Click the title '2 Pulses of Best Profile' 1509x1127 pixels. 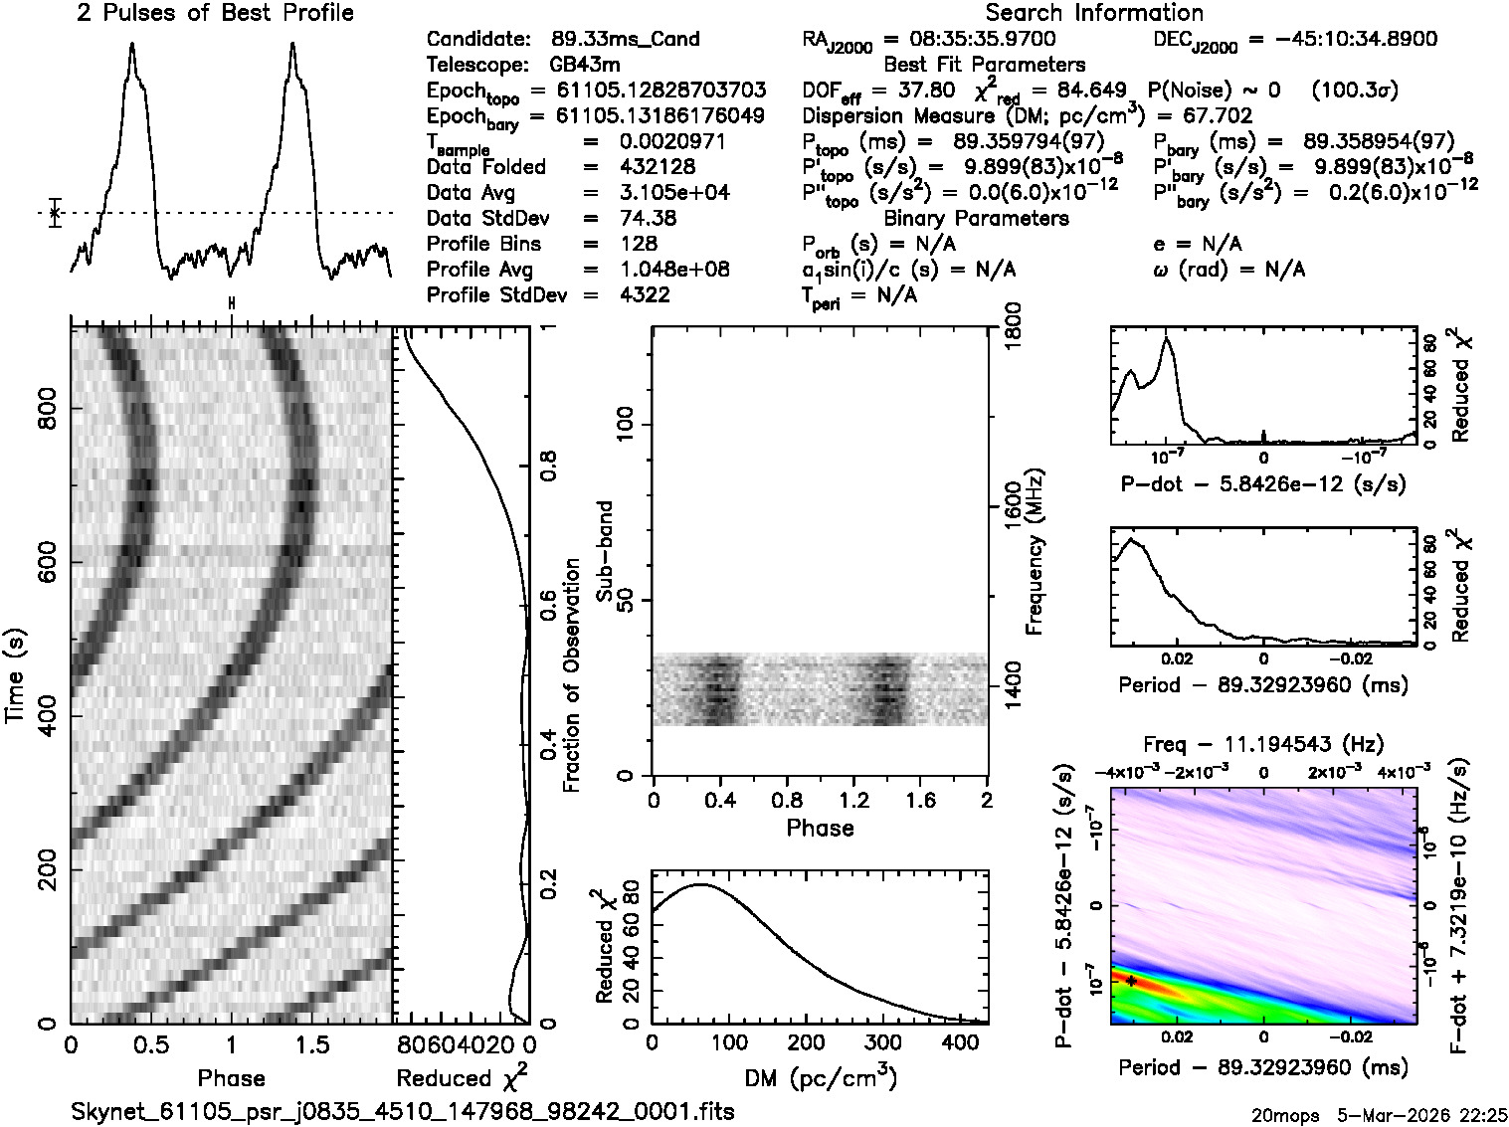point(215,13)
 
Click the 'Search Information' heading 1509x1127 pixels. point(1094,13)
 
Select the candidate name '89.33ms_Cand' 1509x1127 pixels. point(625,40)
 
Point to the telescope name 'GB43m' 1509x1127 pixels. point(585,66)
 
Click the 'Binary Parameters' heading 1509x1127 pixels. point(976,219)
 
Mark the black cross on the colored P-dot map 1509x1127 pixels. point(1131,981)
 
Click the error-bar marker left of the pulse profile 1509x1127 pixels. point(55,213)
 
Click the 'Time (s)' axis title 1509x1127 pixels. point(17,676)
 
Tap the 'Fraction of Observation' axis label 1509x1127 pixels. point(571,675)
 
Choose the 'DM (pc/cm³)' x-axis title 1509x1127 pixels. point(820,1076)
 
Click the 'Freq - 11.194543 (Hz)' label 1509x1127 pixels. point(1263,744)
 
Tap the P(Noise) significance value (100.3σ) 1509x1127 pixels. point(1355,91)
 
